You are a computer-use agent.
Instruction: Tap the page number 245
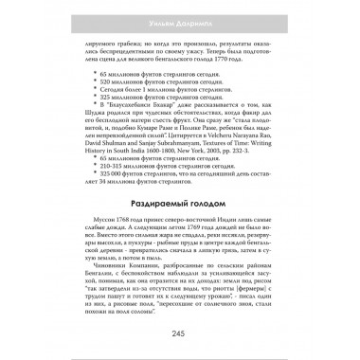point(179,333)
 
